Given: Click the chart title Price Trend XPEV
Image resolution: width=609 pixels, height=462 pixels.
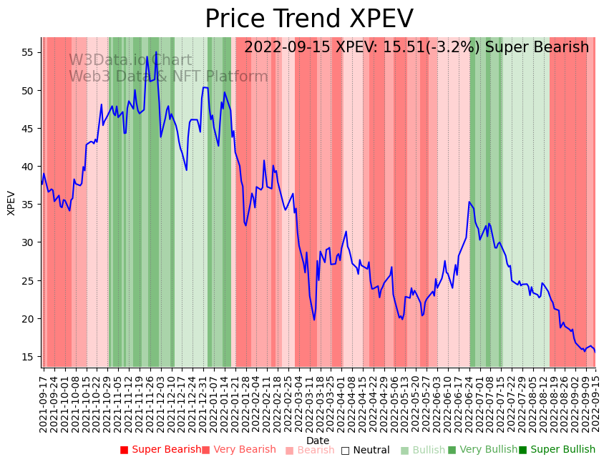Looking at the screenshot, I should (309, 19).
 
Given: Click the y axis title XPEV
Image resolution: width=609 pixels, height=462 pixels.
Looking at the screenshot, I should (11, 202).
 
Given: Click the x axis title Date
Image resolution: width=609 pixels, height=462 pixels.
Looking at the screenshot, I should (318, 441).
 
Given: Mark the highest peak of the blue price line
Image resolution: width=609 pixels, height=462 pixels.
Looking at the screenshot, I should (156, 52).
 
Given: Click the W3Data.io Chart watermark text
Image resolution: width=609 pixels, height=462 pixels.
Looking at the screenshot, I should (130, 61).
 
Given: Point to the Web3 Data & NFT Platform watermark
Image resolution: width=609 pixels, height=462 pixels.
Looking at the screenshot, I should (168, 77).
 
